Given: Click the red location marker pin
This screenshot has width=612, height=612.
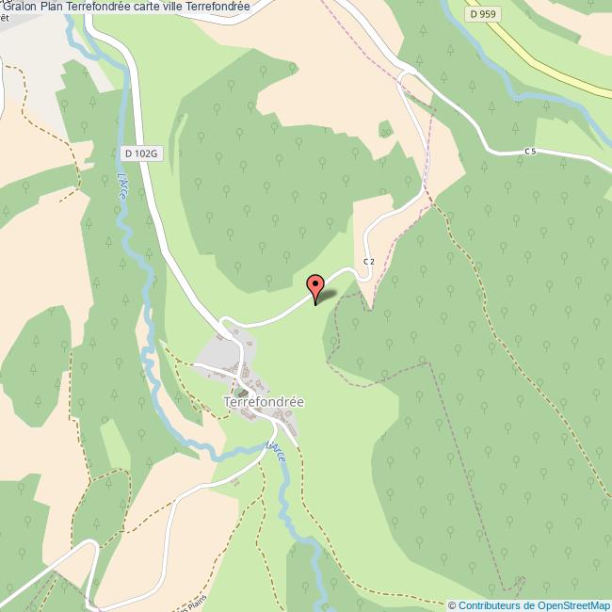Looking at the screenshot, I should [315, 284].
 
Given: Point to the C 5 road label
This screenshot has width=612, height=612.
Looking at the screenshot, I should [530, 151].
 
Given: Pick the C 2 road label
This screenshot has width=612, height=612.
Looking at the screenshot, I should [368, 261].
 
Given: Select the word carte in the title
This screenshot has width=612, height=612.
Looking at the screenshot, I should [153, 7].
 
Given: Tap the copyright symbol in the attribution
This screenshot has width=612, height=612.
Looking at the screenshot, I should [452, 605].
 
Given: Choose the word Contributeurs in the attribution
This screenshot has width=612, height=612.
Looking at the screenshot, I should [490, 605].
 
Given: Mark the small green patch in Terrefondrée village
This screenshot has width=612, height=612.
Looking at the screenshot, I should [243, 393].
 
